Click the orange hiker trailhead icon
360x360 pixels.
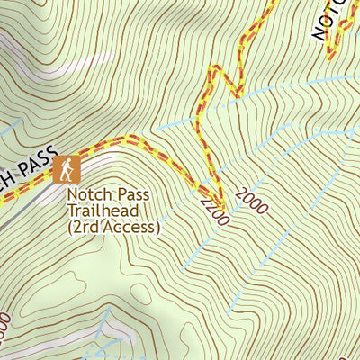67,168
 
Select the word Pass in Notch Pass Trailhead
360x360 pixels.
129,194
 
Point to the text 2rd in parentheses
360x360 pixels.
85,227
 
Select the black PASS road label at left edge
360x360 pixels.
36,163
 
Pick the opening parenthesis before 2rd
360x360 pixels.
70,228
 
